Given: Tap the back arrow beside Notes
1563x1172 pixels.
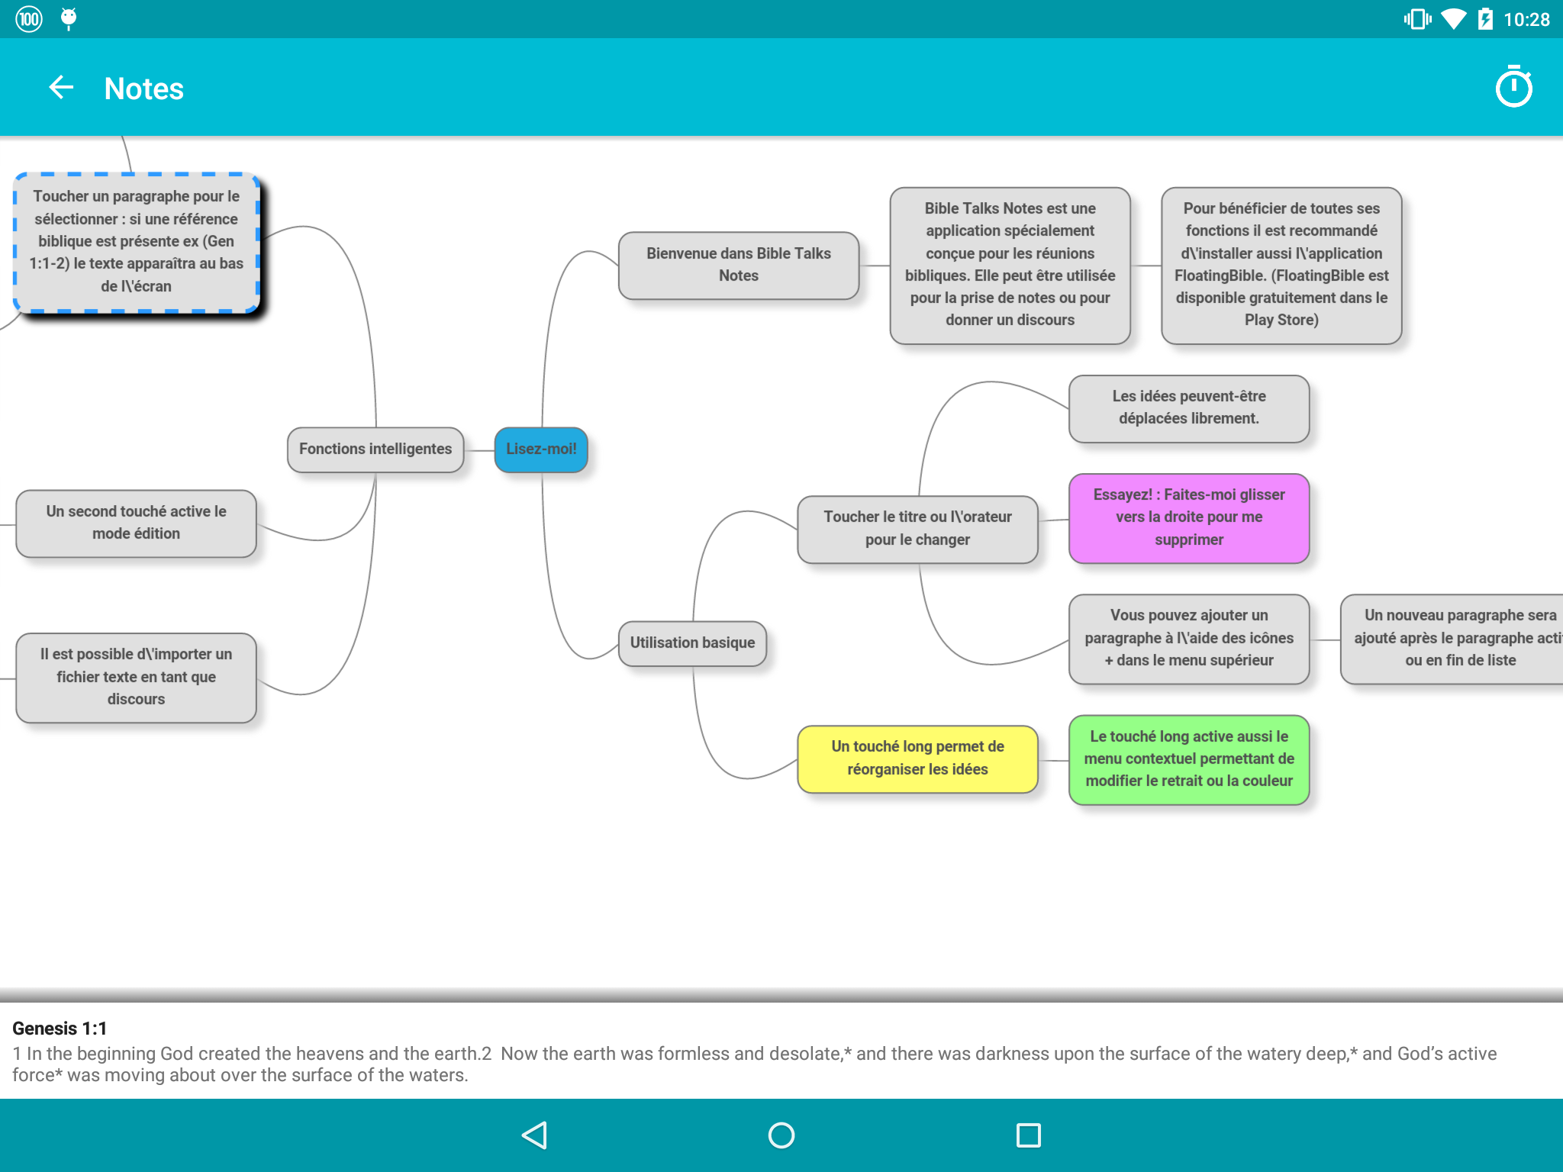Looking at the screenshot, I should (x=61, y=88).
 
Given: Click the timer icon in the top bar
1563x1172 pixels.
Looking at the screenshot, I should (x=1513, y=88).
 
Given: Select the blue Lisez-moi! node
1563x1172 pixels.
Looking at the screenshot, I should (x=541, y=449).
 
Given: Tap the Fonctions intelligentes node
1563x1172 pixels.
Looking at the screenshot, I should (x=375, y=449).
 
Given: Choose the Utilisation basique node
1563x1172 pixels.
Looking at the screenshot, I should (x=692, y=643).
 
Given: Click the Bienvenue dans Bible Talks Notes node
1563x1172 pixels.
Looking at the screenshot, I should (x=738, y=265).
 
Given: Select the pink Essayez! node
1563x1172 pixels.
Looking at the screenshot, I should (x=1188, y=517).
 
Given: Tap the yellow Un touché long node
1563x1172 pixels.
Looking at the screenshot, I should (x=917, y=758).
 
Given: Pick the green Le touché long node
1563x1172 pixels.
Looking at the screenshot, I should (x=1188, y=759).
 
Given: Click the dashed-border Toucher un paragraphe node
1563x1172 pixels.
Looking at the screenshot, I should (x=137, y=242).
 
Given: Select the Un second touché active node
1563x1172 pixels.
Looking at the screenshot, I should (x=136, y=523).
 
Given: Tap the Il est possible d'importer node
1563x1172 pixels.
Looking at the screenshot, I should (x=136, y=677).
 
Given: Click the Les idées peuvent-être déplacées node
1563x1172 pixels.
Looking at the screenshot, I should (x=1188, y=407).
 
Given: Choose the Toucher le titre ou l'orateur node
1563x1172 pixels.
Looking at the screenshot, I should (x=917, y=529).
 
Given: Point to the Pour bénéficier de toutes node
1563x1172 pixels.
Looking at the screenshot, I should (x=1281, y=265).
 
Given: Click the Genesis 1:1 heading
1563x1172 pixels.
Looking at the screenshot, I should (x=60, y=1029).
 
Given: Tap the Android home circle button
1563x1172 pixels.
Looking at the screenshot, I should (x=781, y=1135).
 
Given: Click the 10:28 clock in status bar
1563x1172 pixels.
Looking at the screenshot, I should (x=1526, y=20).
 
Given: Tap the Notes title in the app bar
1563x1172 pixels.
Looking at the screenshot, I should (x=144, y=89).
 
